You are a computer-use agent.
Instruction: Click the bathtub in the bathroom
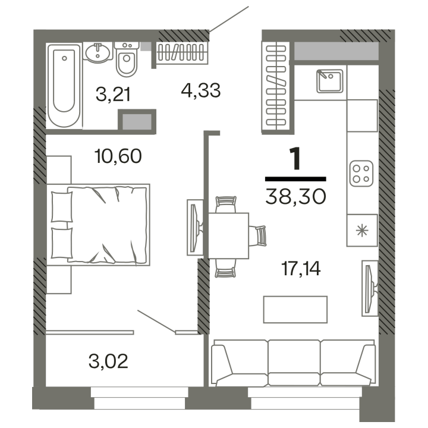tap(64, 86)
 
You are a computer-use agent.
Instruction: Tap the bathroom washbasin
tap(98, 52)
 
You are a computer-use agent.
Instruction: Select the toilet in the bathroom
tap(127, 59)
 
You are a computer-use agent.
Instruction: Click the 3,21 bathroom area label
tap(113, 94)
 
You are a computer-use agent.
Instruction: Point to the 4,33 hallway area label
tap(201, 90)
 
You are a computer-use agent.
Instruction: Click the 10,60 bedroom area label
tap(118, 156)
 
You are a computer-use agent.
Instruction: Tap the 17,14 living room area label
tap(301, 268)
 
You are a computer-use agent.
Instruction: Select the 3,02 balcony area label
tap(108, 361)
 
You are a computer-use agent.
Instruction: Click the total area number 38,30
tap(295, 197)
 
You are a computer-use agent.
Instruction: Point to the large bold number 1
tap(295, 158)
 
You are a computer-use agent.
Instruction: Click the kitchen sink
tap(329, 81)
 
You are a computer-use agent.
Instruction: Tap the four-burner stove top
tap(361, 174)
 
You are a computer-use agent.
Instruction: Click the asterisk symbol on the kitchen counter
tap(362, 231)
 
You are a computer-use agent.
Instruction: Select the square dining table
tap(229, 235)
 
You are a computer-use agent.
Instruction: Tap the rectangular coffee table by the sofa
tap(295, 310)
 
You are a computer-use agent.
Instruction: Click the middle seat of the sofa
tap(294, 363)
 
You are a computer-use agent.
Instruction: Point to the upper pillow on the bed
tap(62, 207)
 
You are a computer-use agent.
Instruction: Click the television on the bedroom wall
tap(195, 227)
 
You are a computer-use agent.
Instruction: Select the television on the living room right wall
tap(370, 288)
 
